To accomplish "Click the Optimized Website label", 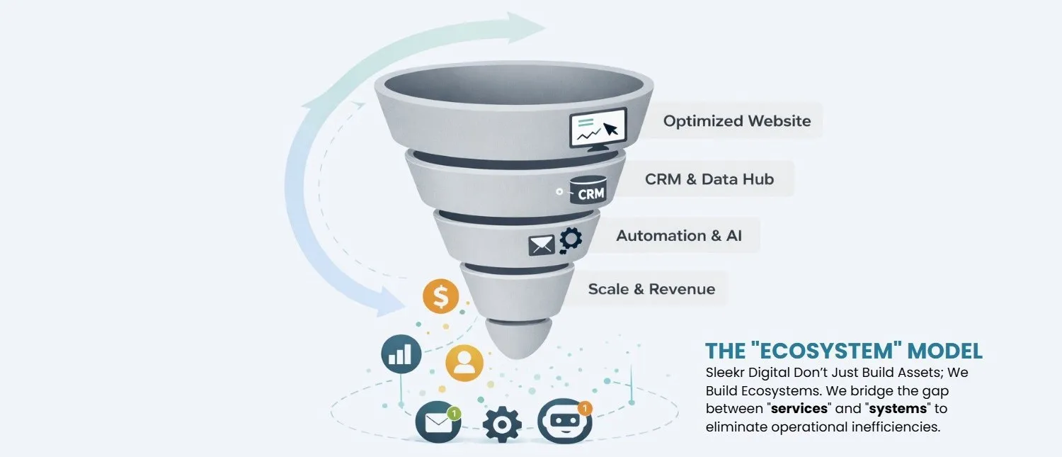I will pos(736,121).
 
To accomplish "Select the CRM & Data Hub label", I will pos(709,179).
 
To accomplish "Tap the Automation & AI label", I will pos(678,235).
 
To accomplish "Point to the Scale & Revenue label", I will pos(651,289).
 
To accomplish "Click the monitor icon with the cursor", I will pos(598,128).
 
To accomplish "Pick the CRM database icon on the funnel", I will pos(588,189).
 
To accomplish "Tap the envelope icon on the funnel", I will pos(542,244).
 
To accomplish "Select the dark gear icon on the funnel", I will pos(571,239).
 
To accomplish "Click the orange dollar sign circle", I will pos(440,297).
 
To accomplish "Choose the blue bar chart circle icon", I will pos(401,353).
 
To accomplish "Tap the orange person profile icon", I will pos(464,363).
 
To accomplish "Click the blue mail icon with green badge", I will pos(438,422).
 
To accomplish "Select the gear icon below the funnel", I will pos(502,424).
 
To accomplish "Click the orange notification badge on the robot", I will pos(584,408).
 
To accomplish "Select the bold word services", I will pos(799,409).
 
